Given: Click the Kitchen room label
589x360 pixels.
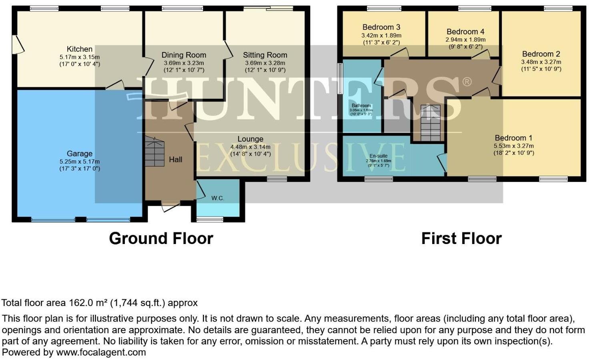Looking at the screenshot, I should pos(79,49).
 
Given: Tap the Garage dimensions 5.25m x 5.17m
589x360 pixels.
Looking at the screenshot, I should pos(79,162).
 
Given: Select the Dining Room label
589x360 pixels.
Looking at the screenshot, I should pos(184,55).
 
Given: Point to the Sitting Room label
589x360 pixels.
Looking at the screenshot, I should pos(265,55).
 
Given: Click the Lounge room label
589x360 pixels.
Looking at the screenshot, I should pos(250,139).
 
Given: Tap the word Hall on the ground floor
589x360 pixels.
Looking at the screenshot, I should pos(175,160).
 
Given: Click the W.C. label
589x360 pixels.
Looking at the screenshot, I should pos(218,198).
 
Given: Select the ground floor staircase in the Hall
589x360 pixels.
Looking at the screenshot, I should pos(154,152).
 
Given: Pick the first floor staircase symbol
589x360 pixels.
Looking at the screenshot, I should pos(430,123).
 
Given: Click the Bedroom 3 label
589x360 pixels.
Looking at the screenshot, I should pos(381,27).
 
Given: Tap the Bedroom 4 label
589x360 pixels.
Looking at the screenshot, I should pos(465,32).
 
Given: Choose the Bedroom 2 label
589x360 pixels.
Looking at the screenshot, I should pos(541,54).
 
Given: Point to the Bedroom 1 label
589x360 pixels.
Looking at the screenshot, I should pos(513,138).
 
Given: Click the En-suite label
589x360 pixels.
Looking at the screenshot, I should pos(378,156).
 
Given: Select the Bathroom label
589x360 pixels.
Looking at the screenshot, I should pos(361,106).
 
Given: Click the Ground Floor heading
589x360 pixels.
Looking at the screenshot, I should pos(161,238).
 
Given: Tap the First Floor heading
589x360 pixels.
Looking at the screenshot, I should pos(461,238).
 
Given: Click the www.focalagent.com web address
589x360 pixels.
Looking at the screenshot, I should pos(101,352).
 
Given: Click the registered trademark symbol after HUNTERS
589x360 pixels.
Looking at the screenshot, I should pos(467,82).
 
